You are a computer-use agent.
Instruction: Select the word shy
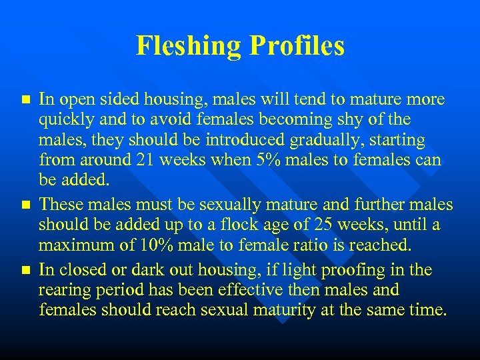(354, 120)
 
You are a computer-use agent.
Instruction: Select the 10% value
(157, 244)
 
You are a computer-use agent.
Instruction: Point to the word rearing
(64, 290)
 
